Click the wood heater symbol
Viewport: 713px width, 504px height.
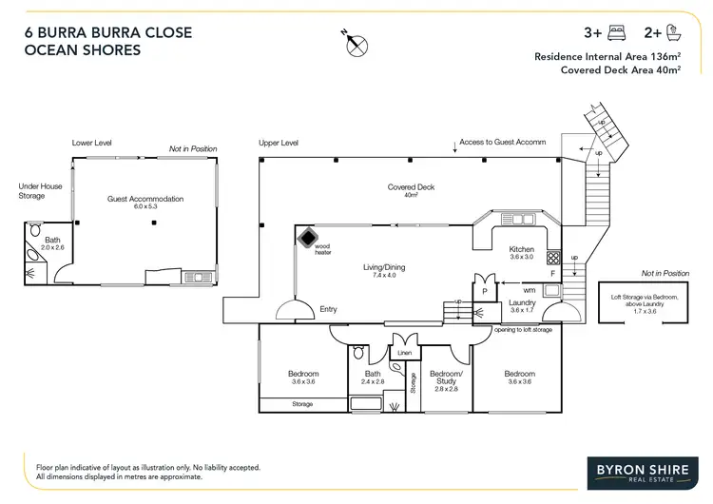click(308, 237)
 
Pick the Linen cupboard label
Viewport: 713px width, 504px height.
click(403, 354)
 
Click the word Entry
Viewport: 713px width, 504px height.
click(328, 309)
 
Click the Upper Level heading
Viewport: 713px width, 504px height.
click(279, 143)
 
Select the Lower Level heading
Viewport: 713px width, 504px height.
click(92, 143)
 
